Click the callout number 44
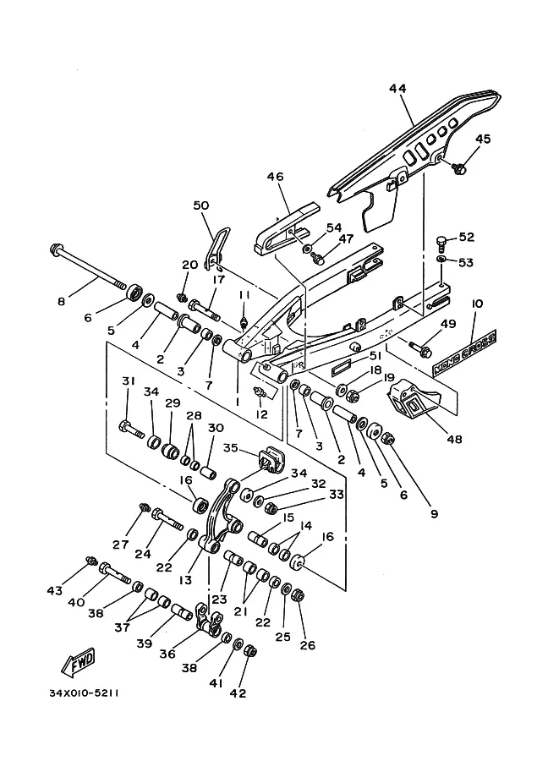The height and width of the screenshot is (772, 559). [x=399, y=89]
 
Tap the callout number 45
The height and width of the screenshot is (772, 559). [x=483, y=140]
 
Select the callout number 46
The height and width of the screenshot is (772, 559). [x=276, y=178]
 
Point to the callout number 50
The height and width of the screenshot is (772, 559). [x=200, y=205]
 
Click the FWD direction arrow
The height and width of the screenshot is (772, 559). [x=78, y=662]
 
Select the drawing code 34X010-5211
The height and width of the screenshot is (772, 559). [x=83, y=693]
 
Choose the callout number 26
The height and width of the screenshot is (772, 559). [x=307, y=646]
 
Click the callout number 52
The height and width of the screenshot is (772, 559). [x=467, y=238]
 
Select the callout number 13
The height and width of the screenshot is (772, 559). [x=185, y=580]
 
